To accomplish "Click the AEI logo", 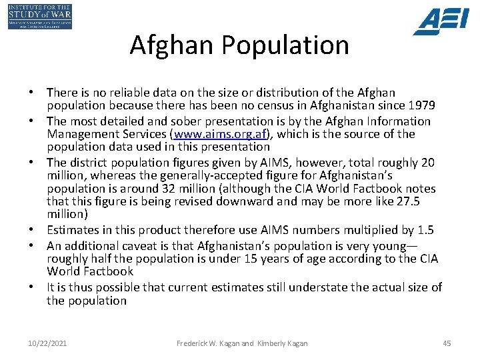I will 441,21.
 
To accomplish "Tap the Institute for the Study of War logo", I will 40,17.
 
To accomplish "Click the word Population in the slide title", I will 286,45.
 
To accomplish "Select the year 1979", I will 422,105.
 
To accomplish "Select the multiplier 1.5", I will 425,230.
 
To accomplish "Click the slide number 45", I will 447,343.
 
